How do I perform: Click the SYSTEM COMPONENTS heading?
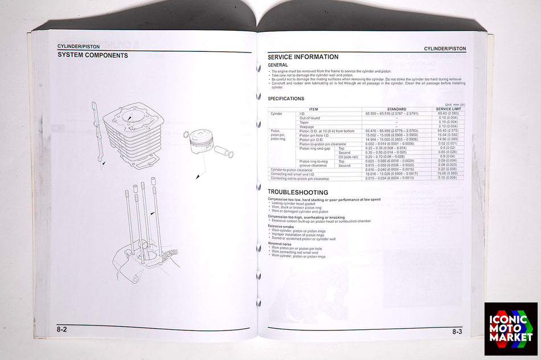92,55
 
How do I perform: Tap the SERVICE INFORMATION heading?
303,57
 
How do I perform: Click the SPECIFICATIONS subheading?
286,99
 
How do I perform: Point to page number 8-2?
62,330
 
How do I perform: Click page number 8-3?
457,332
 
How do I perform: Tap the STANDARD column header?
396,109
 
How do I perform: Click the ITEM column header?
314,109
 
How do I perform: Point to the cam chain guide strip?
99,134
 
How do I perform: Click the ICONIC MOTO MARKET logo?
510,329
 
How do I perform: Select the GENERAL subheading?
277,65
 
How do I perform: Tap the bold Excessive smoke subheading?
282,226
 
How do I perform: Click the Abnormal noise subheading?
280,243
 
